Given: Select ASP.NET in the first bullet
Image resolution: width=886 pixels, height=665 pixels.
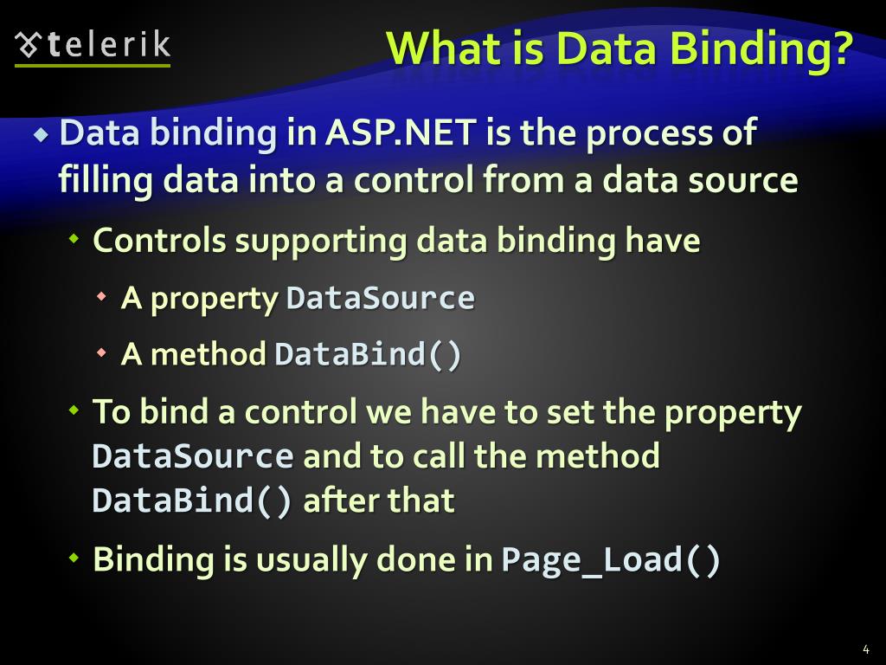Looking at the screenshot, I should [x=401, y=134].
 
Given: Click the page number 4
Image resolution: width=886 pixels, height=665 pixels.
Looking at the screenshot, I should [x=866, y=649].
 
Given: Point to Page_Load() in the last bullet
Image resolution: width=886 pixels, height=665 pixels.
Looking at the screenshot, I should [x=611, y=559].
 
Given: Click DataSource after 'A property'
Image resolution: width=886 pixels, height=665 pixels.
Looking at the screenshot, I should [x=380, y=299].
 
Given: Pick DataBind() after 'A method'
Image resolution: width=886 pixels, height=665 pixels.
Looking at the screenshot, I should [x=368, y=354].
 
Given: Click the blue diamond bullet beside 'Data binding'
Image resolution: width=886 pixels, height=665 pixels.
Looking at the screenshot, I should [x=41, y=135].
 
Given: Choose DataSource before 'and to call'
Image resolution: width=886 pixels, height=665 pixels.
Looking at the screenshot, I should [x=193, y=456].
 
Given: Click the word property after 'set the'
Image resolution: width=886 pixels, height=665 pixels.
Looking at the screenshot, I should [x=733, y=413].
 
